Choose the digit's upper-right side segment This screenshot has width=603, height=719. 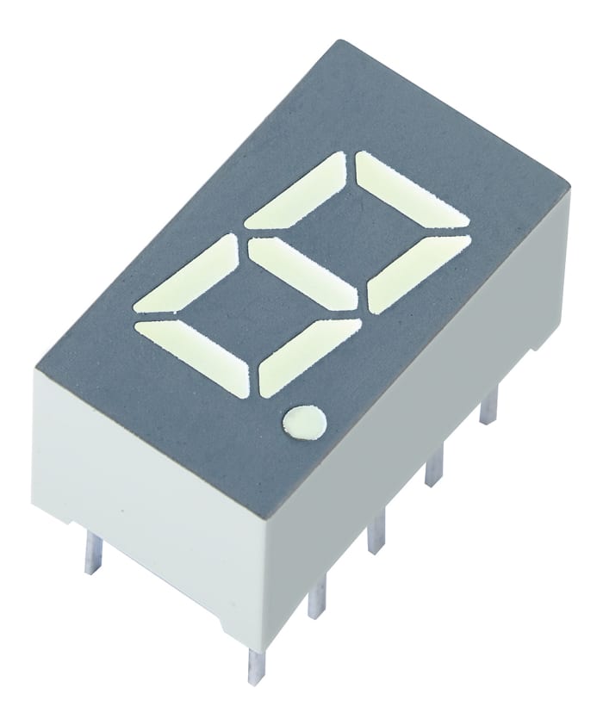pos(417,272)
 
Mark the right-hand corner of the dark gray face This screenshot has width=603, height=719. pos(569,186)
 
